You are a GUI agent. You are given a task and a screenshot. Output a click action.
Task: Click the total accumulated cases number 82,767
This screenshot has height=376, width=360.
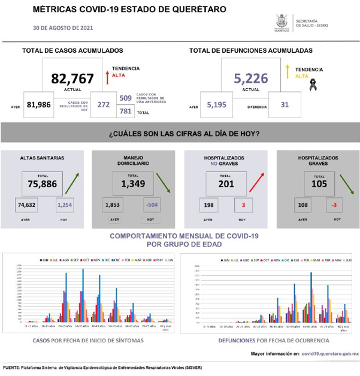(x=69, y=78)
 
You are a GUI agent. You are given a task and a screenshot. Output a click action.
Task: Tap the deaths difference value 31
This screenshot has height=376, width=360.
(x=285, y=104)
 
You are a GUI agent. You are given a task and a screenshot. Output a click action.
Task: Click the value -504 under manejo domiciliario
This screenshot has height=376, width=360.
(x=151, y=205)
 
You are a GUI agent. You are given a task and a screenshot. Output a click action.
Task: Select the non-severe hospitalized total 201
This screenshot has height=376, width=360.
(x=226, y=184)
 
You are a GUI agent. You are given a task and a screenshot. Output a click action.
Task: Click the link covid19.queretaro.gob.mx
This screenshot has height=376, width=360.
(x=329, y=354)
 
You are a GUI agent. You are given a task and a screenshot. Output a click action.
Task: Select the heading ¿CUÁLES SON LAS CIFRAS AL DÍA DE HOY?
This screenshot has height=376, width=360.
(x=183, y=133)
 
